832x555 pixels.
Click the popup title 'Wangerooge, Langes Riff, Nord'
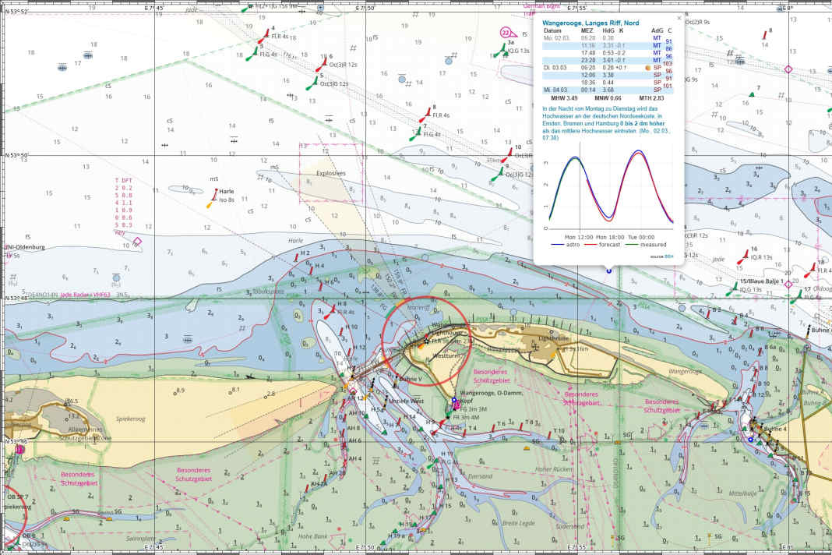[x=591, y=23]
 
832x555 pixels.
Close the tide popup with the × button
[x=679, y=17]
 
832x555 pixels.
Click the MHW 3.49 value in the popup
[x=564, y=98]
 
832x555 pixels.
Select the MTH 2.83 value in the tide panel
[x=652, y=98]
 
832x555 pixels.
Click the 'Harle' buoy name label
[x=227, y=191]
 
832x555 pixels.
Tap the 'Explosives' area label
[x=330, y=174]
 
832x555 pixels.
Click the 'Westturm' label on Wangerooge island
[x=445, y=355]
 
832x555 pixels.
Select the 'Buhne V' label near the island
[x=410, y=380]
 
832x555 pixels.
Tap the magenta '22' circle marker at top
[x=506, y=32]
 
